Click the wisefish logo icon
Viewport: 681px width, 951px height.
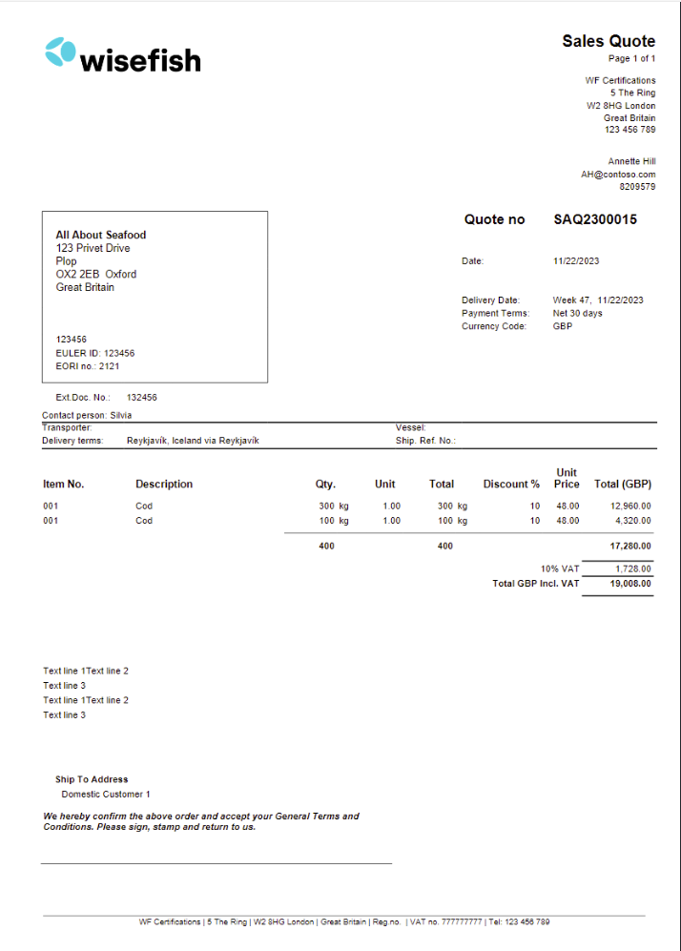(x=60, y=52)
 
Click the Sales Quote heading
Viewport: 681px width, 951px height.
(x=609, y=41)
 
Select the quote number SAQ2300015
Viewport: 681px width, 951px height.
(x=595, y=219)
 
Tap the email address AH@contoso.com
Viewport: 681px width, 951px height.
(x=618, y=175)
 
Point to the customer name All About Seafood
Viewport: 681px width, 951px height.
(x=101, y=235)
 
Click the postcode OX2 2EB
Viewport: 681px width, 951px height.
(x=76, y=274)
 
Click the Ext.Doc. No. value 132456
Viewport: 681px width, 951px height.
(x=142, y=397)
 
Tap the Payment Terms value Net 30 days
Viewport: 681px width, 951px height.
(x=578, y=313)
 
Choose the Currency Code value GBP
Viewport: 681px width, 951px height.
(x=563, y=326)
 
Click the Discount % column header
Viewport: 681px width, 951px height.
(x=511, y=485)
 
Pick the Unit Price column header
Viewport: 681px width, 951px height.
(x=567, y=478)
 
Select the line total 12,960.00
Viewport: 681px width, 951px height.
(x=630, y=506)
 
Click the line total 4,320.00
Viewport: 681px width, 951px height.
(x=633, y=521)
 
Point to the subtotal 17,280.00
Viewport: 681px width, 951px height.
(x=630, y=547)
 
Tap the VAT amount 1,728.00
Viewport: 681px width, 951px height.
(x=633, y=569)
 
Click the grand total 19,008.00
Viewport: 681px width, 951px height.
(x=630, y=583)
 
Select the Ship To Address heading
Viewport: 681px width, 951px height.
(x=92, y=779)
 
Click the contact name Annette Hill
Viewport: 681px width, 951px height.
(x=631, y=161)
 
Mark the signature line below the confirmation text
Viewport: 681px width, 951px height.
(x=216, y=863)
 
